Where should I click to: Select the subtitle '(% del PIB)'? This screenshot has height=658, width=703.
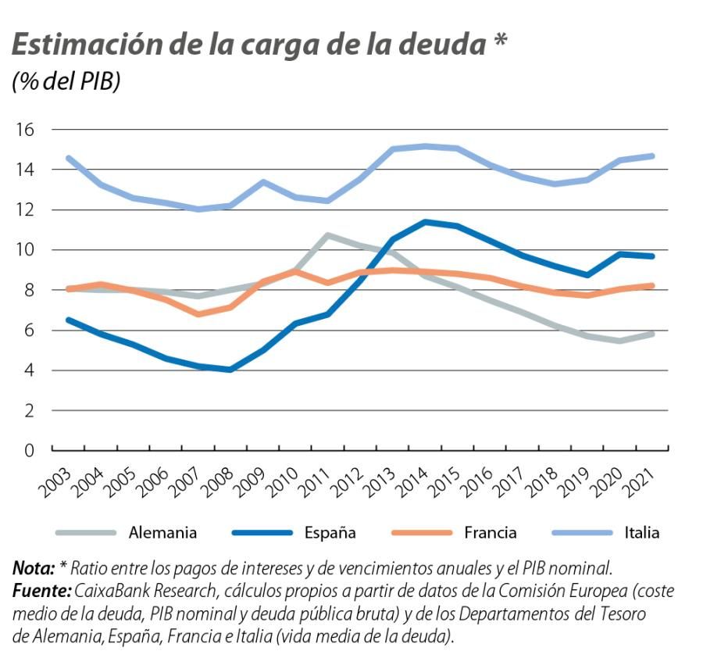[x=66, y=81]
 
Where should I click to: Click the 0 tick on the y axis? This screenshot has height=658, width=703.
[x=29, y=450]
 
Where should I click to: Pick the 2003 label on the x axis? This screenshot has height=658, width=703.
[x=54, y=478]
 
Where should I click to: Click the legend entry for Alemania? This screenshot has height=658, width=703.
[x=162, y=533]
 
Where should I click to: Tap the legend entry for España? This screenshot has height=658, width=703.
[x=330, y=533]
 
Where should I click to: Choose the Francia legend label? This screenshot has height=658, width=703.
[x=490, y=533]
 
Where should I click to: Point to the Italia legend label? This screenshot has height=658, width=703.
[x=641, y=533]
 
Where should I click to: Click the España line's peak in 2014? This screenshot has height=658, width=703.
[x=424, y=222]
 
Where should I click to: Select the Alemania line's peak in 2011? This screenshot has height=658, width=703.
[x=327, y=234]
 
